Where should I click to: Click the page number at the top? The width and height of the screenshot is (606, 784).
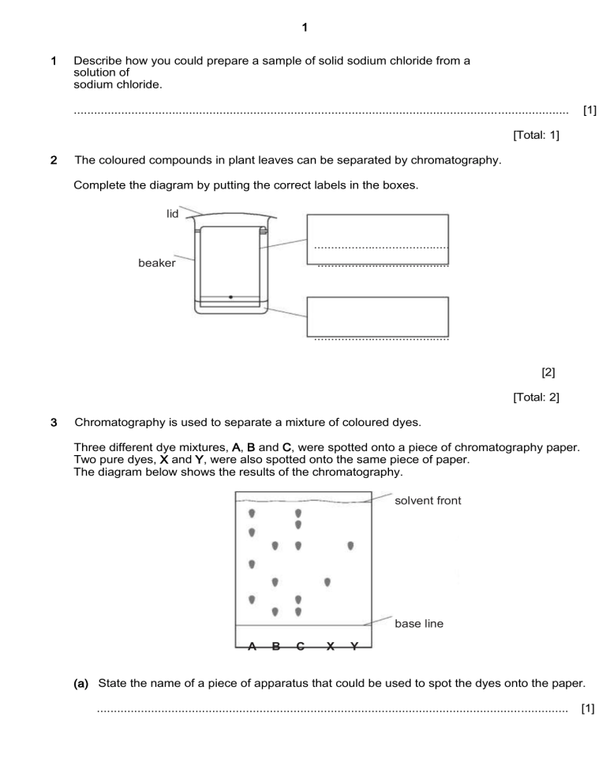tap(305, 28)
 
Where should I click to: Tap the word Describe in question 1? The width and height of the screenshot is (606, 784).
tap(98, 61)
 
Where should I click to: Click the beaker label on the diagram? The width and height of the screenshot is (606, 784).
tap(157, 263)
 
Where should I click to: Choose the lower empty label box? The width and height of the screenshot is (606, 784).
tap(377, 316)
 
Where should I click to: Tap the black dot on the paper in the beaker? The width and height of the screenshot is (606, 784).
tap(230, 297)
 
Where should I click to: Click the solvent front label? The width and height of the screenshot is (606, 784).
tap(428, 501)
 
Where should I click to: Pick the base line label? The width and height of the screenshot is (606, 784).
tap(419, 624)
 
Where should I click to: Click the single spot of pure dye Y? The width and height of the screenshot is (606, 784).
tap(350, 546)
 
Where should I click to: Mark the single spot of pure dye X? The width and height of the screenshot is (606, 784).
tap(327, 583)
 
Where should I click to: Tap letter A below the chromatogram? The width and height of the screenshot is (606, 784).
tap(252, 647)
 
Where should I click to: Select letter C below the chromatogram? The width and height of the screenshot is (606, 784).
tap(301, 647)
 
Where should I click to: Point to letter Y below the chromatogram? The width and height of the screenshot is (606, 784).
tap(354, 647)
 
